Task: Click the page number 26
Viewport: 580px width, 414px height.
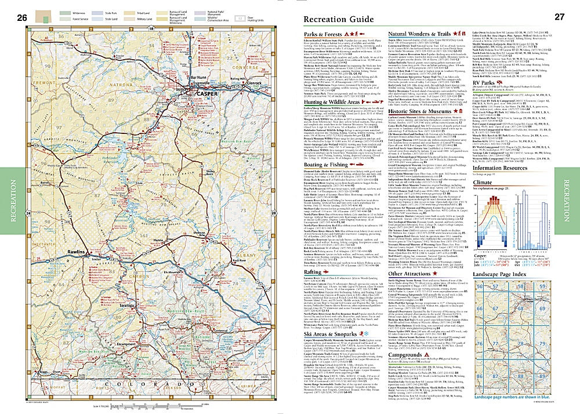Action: tap(23, 17)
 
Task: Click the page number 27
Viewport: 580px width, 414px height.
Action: tap(559, 17)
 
